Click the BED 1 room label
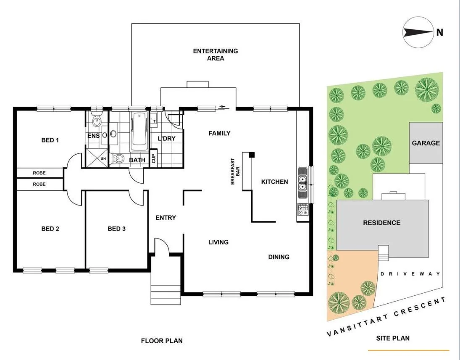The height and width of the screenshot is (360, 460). point(50,140)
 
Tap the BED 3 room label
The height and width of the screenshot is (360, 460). point(116,229)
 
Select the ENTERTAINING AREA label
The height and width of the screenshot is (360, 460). point(216,55)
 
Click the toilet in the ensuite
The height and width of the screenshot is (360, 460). point(97,121)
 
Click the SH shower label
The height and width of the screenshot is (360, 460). point(103,158)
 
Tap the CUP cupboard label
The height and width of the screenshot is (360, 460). point(154,158)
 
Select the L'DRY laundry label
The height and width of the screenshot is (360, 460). point(166,139)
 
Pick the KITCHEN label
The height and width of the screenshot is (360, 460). point(275,181)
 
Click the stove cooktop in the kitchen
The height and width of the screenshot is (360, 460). point(302,208)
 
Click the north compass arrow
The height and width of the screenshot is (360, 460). point(418,32)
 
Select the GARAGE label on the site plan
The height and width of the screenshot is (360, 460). point(426,143)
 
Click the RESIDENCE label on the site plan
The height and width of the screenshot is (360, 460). point(381,223)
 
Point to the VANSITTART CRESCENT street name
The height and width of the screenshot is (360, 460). point(386,317)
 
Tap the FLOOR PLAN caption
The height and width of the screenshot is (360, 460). point(162,341)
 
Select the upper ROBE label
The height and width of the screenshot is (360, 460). point(39,173)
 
